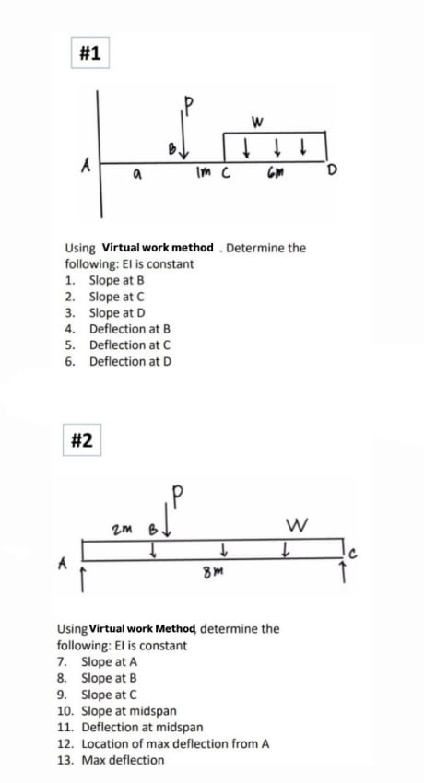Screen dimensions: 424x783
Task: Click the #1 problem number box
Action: pyautogui.click(x=89, y=54)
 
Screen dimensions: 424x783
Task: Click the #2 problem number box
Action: pyautogui.click(x=81, y=439)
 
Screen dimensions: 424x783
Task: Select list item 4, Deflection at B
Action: pyautogui.click(x=129, y=329)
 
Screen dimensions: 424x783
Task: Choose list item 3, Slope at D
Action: pyautogui.click(x=117, y=312)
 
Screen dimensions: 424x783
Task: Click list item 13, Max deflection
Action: pyautogui.click(x=122, y=760)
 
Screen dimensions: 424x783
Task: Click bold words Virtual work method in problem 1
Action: pyautogui.click(x=158, y=248)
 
